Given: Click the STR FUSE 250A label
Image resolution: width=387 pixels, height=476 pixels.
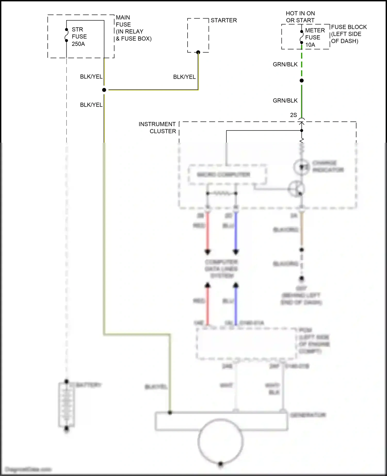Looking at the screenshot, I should [79, 37].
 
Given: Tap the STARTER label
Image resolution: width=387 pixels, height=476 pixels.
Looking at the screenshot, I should [223, 20].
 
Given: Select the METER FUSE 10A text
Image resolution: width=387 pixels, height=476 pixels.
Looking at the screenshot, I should [315, 38].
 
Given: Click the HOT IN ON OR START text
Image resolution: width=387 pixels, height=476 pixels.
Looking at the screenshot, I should [300, 17].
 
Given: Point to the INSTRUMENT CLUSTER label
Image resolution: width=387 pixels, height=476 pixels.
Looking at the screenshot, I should [157, 128].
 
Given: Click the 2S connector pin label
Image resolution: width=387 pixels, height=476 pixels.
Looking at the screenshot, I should [293, 115].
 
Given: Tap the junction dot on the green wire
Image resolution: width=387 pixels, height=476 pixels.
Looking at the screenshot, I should [302, 81].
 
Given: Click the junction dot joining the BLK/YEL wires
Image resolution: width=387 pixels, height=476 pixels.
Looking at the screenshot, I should [104, 90].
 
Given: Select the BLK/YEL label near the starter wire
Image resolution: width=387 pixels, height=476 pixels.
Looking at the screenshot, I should [184, 77].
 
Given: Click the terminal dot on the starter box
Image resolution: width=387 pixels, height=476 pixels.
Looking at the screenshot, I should [198, 52].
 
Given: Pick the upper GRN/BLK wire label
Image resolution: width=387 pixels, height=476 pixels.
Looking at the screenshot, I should [285, 64].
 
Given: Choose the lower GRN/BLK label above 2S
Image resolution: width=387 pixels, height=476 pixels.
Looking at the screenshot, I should [285, 101].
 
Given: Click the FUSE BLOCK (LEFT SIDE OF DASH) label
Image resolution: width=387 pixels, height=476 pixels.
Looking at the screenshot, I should [349, 34].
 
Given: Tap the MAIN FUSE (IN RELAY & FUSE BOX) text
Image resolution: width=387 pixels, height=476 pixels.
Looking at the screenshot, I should [133, 28].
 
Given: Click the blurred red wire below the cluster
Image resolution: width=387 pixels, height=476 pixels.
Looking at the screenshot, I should [207, 232].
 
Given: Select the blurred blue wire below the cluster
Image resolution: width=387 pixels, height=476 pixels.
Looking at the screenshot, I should [236, 232].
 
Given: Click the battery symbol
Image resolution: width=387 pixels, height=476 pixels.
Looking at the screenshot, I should [67, 405].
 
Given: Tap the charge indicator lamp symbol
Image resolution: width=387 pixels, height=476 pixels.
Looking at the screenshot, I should [301, 167].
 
